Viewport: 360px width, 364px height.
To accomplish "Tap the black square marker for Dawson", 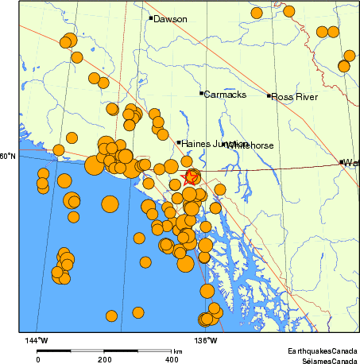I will pyautogui.click(x=150, y=17).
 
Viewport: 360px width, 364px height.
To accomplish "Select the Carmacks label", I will pyautogui.click(x=225, y=95).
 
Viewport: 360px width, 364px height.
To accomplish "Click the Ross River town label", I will pyautogui.click(x=295, y=97).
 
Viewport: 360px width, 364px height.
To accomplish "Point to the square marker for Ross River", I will pyautogui.click(x=269, y=96).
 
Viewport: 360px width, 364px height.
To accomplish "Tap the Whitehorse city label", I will pyautogui.click(x=250, y=145).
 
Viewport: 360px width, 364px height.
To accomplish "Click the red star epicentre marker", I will pyautogui.click(x=191, y=176).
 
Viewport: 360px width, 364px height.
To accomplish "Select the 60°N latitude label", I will pyautogui.click(x=8, y=156).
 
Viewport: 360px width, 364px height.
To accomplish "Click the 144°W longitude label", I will pyautogui.click(x=37, y=341).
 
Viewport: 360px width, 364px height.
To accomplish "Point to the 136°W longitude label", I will pyautogui.click(x=206, y=341).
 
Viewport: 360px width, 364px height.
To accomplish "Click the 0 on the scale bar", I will pyautogui.click(x=37, y=359).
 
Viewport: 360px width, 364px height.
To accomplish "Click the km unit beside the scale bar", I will pyautogui.click(x=178, y=350).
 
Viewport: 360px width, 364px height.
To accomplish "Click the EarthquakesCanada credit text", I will pyautogui.click(x=322, y=350).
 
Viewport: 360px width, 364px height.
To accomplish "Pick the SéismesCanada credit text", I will pyautogui.click(x=325, y=359).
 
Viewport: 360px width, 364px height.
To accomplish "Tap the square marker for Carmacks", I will pyautogui.click(x=201, y=94).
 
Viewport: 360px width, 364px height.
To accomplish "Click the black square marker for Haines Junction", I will pyautogui.click(x=178, y=143).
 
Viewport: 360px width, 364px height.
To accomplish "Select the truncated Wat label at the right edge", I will pyautogui.click(x=350, y=163).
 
